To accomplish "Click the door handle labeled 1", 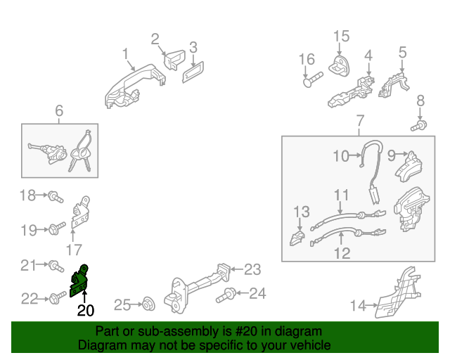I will coord(134,84).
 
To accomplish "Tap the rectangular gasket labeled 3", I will coord(193,72).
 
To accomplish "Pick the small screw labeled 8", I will coord(420,126).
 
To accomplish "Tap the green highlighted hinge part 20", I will coord(80,281).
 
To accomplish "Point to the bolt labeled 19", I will coord(55,229).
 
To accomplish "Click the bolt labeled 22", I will coord(55,299).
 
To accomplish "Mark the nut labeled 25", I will coord(148,304).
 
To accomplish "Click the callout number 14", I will coord(359,305).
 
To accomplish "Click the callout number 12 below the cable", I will coord(342,253).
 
